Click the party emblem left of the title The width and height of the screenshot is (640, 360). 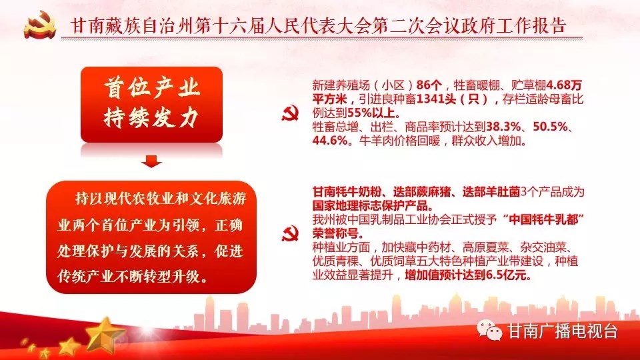click(x=39, y=25)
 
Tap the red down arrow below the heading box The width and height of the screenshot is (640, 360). click(x=151, y=161)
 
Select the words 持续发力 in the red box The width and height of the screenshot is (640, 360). click(x=151, y=118)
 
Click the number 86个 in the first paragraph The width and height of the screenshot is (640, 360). click(x=429, y=85)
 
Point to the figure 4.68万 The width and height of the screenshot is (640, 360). click(x=564, y=85)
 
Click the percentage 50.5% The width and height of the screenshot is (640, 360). click(x=550, y=127)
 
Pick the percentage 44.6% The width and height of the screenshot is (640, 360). click(x=330, y=141)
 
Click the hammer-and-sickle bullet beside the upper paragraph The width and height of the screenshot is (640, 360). click(x=290, y=113)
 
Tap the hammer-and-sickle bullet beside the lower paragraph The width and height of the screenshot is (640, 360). click(x=290, y=233)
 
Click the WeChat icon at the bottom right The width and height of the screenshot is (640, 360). click(x=489, y=329)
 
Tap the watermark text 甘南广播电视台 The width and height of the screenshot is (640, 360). click(x=562, y=331)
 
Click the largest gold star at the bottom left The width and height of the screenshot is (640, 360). click(x=105, y=334)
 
